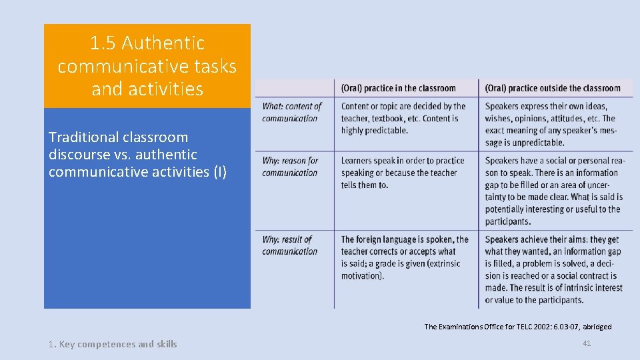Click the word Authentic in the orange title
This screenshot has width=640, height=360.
pyautogui.click(x=163, y=43)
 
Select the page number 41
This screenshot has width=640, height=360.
pyautogui.click(x=587, y=343)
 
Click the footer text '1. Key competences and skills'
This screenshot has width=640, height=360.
pyautogui.click(x=113, y=344)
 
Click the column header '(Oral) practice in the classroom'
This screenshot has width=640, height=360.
pyautogui.click(x=398, y=88)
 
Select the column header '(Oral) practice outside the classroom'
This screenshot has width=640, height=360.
pyautogui.click(x=553, y=88)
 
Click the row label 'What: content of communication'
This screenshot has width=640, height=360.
pyautogui.click(x=291, y=112)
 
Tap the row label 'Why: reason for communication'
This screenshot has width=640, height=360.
pyautogui.click(x=290, y=167)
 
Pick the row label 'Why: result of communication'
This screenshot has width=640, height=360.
pyautogui.click(x=289, y=245)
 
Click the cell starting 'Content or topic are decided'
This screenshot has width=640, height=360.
pyautogui.click(x=403, y=118)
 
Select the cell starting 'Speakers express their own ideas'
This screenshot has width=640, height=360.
pyautogui.click(x=550, y=124)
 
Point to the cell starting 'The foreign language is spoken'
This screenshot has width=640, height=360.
pyautogui.click(x=405, y=257)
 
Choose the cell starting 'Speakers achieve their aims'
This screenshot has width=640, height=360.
pyautogui.click(x=553, y=269)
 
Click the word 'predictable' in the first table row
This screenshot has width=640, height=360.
pyautogui.click(x=383, y=131)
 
